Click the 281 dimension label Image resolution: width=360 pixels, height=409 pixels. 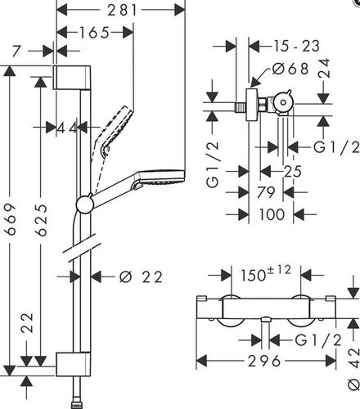(122, 11)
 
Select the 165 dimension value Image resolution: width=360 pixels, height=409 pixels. (94, 33)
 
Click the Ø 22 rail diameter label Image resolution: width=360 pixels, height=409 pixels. (141, 277)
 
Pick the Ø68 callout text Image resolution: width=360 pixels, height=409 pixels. (290, 69)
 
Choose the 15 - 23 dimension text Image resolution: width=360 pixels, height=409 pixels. (296, 46)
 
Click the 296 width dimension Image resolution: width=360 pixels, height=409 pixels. (264, 362)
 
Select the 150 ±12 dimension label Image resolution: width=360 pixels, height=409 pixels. (266, 274)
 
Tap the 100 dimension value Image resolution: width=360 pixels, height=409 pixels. (272, 214)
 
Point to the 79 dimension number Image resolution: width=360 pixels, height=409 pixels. (266, 192)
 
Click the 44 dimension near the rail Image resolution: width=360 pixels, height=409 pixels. (67, 128)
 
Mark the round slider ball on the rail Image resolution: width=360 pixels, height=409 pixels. (85, 204)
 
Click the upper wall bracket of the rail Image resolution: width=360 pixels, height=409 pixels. (72, 77)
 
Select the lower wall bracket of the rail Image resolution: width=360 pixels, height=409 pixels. (73, 364)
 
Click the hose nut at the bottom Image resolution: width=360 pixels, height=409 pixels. (76, 405)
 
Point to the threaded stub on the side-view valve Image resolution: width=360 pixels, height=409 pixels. (241, 107)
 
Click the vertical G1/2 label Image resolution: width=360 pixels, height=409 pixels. (213, 164)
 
